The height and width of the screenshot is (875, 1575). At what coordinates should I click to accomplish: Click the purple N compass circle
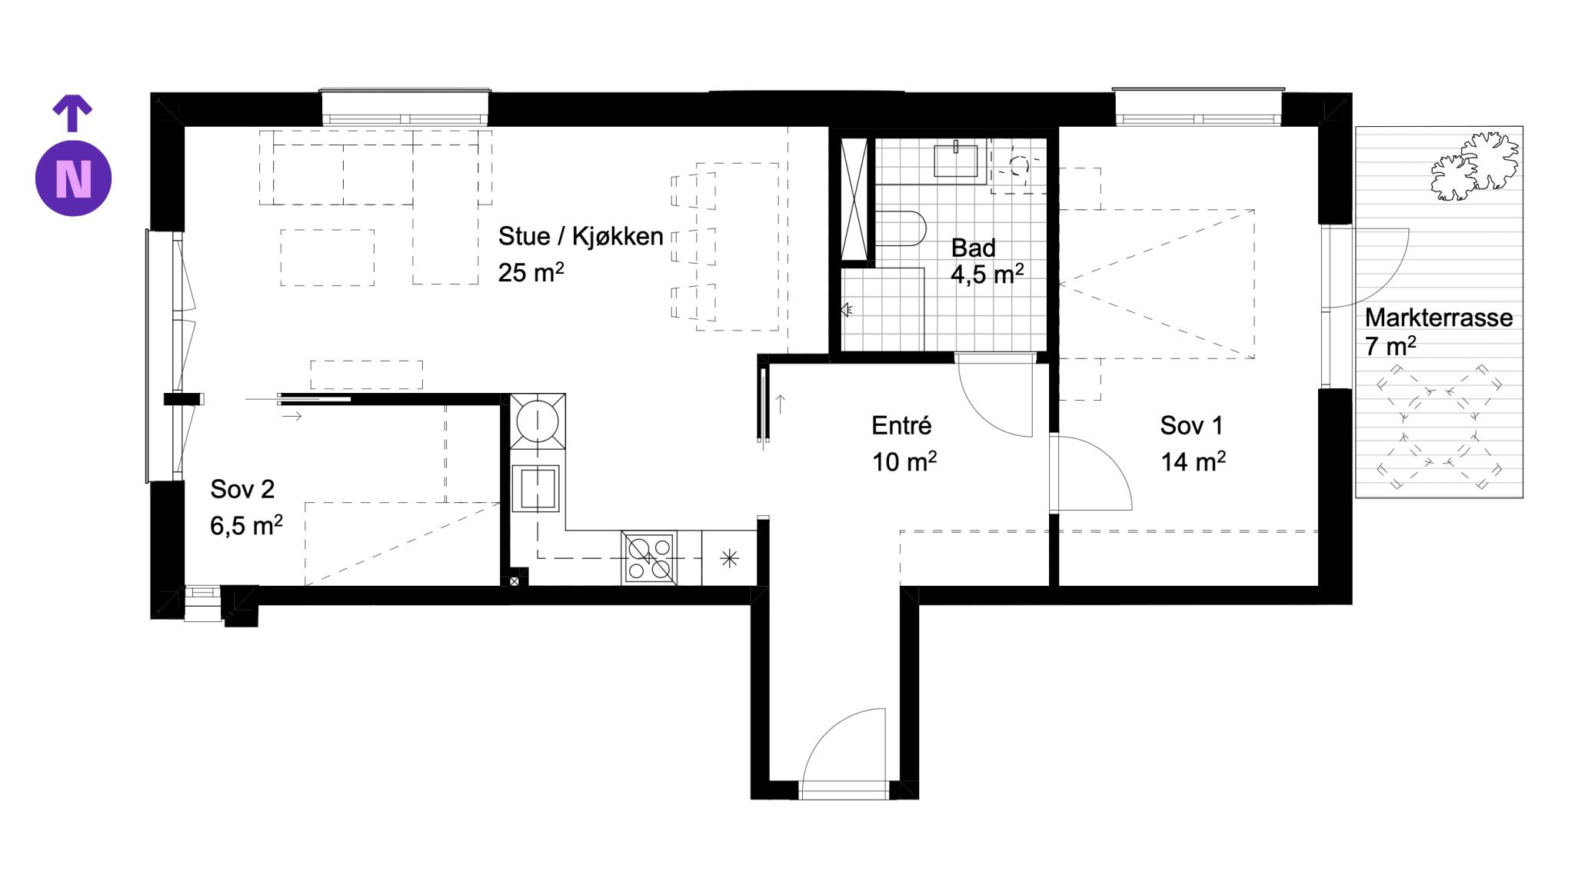(x=73, y=178)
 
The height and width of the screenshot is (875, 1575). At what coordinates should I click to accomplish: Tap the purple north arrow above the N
(x=72, y=113)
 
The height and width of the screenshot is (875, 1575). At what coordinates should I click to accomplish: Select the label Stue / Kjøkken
(x=581, y=236)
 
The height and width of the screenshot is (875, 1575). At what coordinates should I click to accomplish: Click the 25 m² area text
(x=531, y=272)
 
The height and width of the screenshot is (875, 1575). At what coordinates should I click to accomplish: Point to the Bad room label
(x=973, y=248)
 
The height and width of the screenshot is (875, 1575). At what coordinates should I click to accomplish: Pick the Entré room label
(x=901, y=425)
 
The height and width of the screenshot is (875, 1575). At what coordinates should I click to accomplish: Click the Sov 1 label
(x=1191, y=425)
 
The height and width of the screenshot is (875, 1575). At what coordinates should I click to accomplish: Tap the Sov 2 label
(x=242, y=489)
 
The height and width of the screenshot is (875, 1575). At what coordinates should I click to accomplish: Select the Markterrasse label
(x=1439, y=318)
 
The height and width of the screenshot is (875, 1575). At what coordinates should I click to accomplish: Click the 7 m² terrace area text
(x=1390, y=346)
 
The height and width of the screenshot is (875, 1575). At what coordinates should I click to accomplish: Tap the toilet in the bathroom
(x=901, y=228)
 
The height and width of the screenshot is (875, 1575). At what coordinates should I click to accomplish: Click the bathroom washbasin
(x=956, y=160)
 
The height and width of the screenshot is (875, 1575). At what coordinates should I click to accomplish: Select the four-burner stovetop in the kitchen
(x=650, y=558)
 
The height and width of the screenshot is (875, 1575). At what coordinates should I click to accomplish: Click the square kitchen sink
(x=538, y=488)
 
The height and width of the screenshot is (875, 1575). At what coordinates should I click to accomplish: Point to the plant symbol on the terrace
(x=1474, y=166)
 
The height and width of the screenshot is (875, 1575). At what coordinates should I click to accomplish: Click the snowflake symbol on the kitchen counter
(x=730, y=558)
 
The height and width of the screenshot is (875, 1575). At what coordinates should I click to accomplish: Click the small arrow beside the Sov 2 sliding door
(x=291, y=416)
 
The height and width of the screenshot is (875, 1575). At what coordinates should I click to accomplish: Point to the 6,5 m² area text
(x=246, y=525)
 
